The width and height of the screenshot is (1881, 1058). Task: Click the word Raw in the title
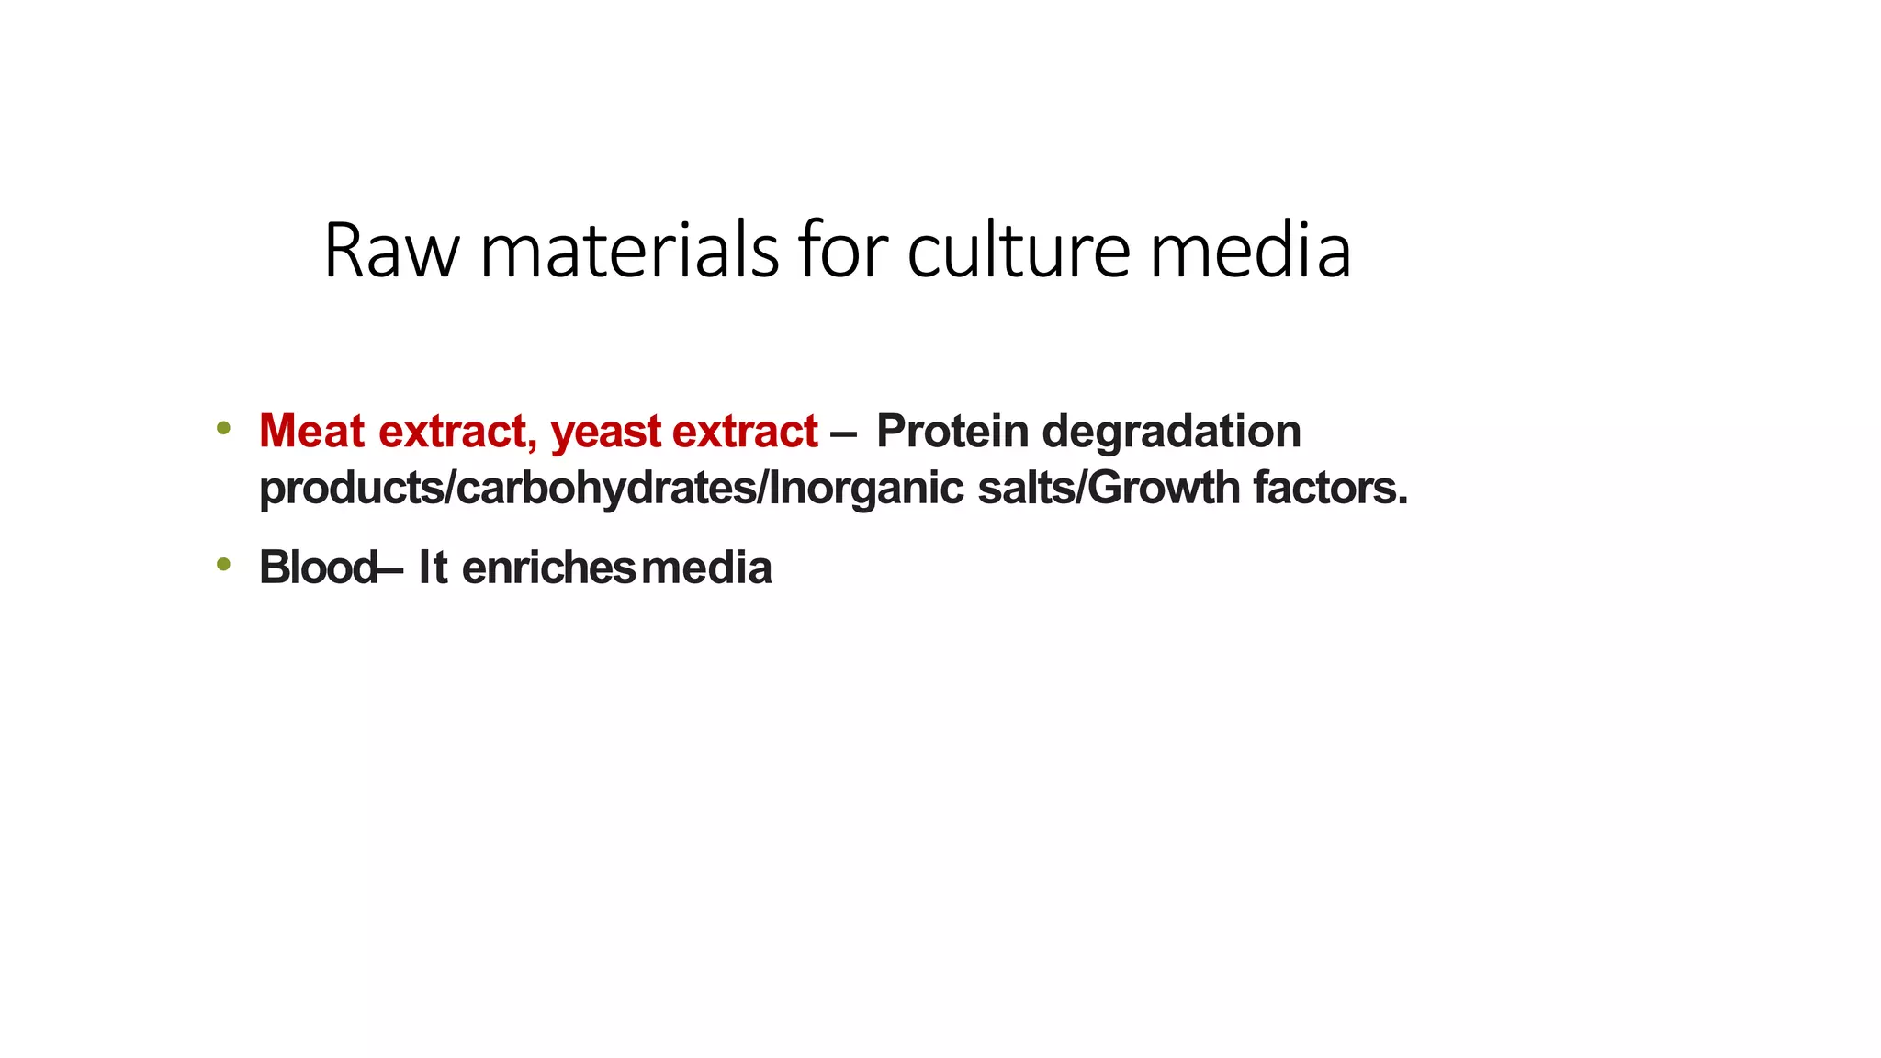click(390, 251)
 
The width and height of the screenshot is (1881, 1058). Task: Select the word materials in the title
click(629, 251)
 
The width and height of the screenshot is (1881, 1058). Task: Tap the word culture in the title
click(1019, 251)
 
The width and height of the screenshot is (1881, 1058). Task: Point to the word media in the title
click(1250, 251)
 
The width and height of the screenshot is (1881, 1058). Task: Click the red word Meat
click(312, 431)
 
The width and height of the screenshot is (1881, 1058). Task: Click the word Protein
click(952, 431)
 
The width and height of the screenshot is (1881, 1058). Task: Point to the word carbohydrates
click(606, 488)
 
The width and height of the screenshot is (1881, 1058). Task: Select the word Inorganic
click(866, 488)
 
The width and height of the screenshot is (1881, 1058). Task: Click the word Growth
click(1164, 487)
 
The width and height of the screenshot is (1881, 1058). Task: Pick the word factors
click(1331, 487)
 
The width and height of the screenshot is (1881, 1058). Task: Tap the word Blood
click(317, 568)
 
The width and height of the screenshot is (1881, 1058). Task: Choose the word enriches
click(548, 568)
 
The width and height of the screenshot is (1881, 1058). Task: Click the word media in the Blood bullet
click(706, 568)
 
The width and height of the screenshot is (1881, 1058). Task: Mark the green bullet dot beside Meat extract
click(223, 428)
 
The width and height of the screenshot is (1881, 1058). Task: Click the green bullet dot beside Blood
click(223, 564)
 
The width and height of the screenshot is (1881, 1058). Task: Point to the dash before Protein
click(844, 433)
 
